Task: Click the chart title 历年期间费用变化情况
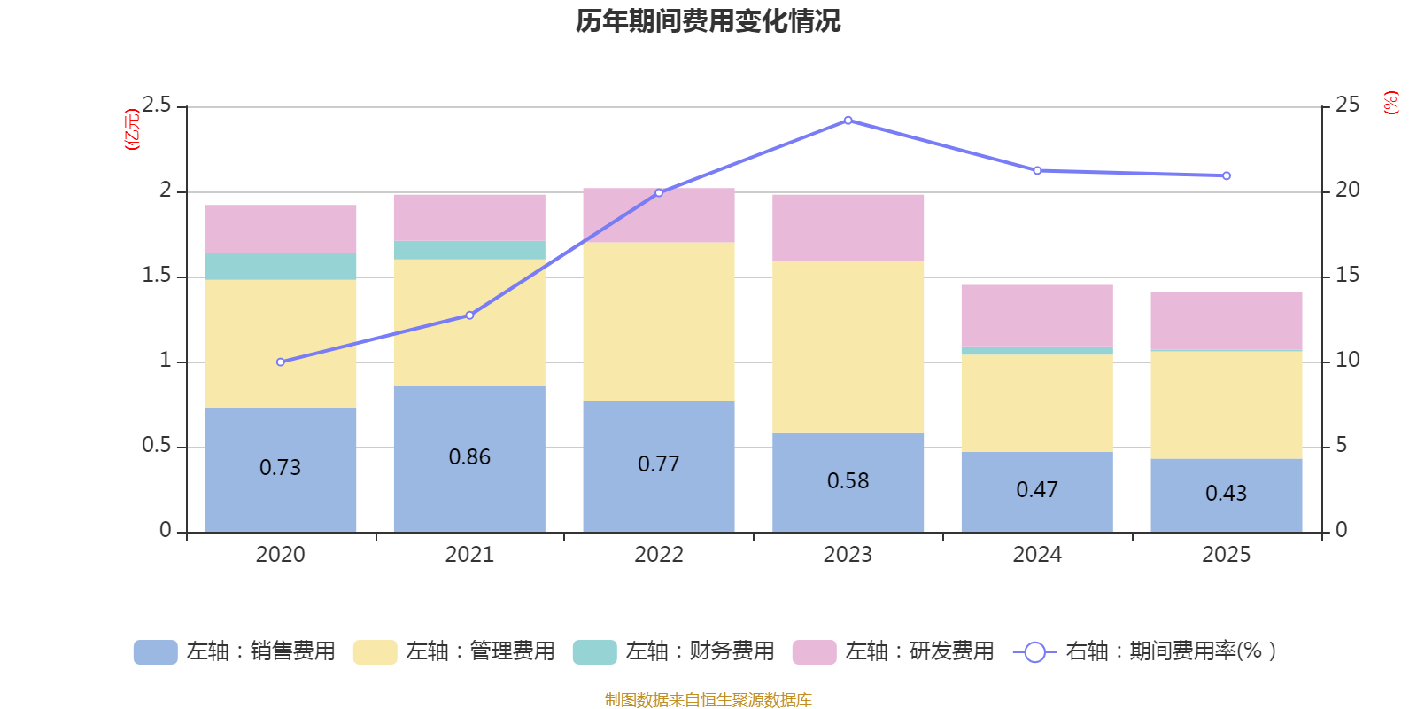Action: [x=708, y=21]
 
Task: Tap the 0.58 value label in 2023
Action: [x=848, y=481]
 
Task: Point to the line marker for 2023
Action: [x=848, y=121]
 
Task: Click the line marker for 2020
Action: [x=281, y=362]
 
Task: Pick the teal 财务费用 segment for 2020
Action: [x=281, y=267]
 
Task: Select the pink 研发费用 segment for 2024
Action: [x=1037, y=316]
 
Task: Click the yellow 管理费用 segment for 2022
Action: [x=659, y=322]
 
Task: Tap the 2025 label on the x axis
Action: [x=1226, y=555]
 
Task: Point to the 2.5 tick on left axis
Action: [x=157, y=105]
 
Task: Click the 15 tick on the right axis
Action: [x=1347, y=276]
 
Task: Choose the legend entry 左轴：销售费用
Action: [x=235, y=651]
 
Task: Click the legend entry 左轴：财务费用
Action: [x=674, y=651]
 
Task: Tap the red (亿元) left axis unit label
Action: [x=132, y=129]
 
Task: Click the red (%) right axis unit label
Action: [x=1390, y=103]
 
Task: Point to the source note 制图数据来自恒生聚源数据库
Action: [x=708, y=700]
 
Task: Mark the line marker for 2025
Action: [x=1226, y=176]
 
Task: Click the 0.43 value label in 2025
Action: [x=1226, y=494]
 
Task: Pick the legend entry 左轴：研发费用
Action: [x=894, y=651]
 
